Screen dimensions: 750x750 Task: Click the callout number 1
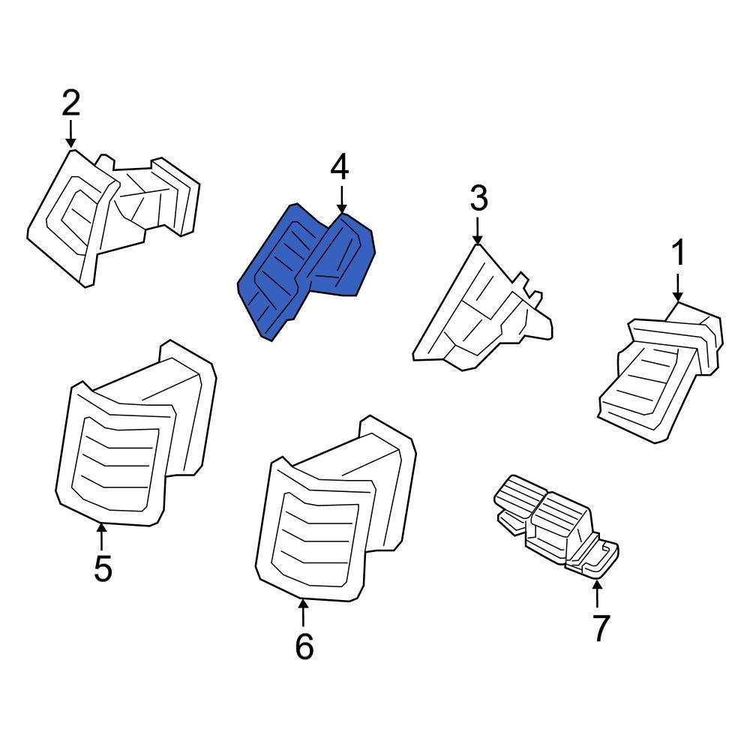677,254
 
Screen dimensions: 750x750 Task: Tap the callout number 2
70,103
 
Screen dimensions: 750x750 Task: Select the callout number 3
478,199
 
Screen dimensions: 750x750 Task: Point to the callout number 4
340,166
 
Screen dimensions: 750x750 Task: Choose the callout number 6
304,646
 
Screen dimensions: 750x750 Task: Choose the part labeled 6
330,517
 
